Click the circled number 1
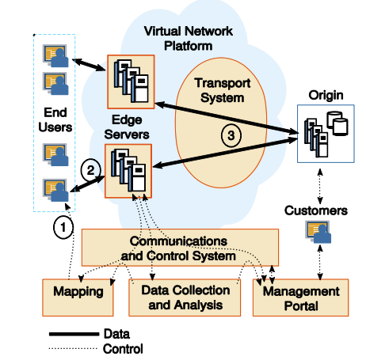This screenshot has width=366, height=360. pyautogui.click(x=63, y=227)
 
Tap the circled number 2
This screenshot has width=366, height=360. pyautogui.click(x=90, y=170)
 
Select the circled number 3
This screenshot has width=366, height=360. pyautogui.click(x=231, y=135)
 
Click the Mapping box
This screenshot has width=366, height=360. pyautogui.click(x=78, y=297)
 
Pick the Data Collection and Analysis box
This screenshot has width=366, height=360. pyautogui.click(x=185, y=297)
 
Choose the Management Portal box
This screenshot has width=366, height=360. pyautogui.click(x=301, y=297)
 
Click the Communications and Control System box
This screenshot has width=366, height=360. pyautogui.click(x=180, y=248)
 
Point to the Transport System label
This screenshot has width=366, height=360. pyautogui.click(x=223, y=90)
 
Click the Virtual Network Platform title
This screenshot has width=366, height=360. pyautogui.click(x=189, y=39)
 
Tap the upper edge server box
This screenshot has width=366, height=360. pyautogui.click(x=131, y=81)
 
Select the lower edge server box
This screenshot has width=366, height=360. pyautogui.click(x=128, y=171)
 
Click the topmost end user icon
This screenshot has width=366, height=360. pyautogui.click(x=55, y=56)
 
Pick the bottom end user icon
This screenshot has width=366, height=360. pyautogui.click(x=55, y=190)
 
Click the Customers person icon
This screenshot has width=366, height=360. pyautogui.click(x=318, y=232)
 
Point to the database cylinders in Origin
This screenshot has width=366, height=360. pyautogui.click(x=337, y=123)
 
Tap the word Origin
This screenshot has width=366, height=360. pyautogui.click(x=326, y=95)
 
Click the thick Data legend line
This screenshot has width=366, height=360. pyautogui.click(x=74, y=334)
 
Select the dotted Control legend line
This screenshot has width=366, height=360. pyautogui.click(x=73, y=349)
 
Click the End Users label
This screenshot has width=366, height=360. pyautogui.click(x=55, y=119)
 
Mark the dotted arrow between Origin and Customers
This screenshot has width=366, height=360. pyautogui.click(x=320, y=186)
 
